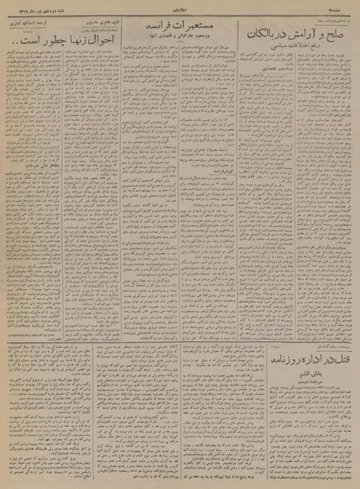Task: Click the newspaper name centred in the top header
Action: [179, 6]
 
